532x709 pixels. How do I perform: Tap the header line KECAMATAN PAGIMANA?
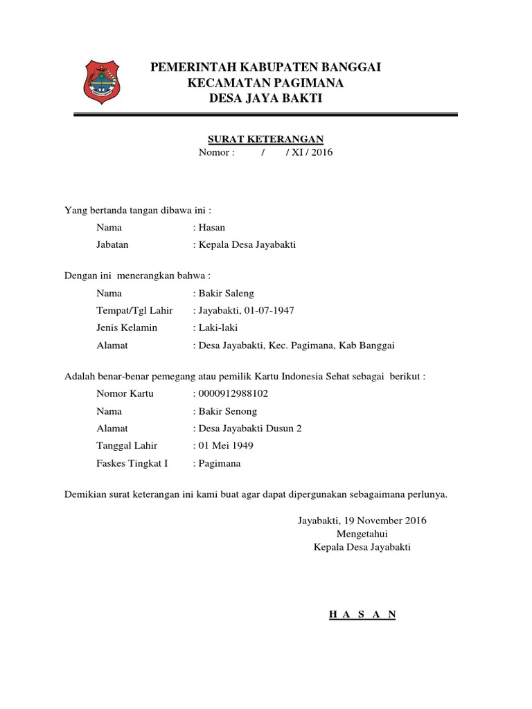(x=266, y=84)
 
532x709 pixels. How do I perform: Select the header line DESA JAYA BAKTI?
(x=266, y=100)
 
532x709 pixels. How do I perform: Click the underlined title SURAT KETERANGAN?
(x=266, y=139)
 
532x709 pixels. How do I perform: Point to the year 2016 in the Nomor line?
(x=321, y=152)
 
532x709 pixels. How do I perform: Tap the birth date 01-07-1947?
(x=266, y=310)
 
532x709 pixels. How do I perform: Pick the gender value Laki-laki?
(x=218, y=327)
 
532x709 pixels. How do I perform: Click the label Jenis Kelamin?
(x=127, y=327)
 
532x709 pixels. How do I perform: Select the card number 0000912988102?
(x=233, y=394)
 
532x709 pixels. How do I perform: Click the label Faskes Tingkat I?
(x=132, y=463)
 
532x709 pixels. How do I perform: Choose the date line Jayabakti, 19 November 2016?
(x=362, y=519)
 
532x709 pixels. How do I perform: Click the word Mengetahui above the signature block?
(x=362, y=533)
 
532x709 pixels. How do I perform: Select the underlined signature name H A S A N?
(x=362, y=614)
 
